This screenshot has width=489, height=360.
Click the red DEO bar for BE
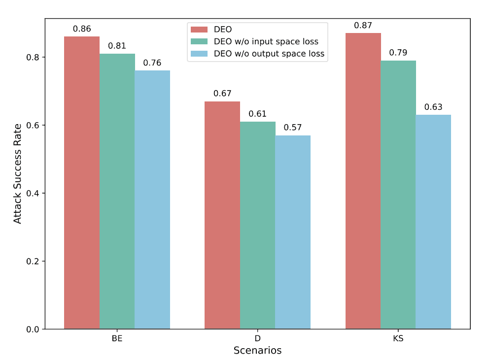click(82, 182)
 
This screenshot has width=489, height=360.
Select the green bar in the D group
click(258, 225)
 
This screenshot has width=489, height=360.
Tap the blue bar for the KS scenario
click(433, 222)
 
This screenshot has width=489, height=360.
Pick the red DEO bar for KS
click(363, 181)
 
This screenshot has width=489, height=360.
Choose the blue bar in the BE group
click(152, 199)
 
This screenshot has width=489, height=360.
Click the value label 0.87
click(363, 26)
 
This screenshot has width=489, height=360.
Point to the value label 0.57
click(293, 128)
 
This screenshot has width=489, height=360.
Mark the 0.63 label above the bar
click(433, 107)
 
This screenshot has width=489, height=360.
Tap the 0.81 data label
click(117, 46)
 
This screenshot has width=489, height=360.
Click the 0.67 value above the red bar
click(222, 94)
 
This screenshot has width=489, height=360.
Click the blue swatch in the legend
click(199, 54)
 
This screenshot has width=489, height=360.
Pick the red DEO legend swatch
click(199, 30)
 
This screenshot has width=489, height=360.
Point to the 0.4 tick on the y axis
click(33, 193)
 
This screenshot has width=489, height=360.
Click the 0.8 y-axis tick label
click(33, 57)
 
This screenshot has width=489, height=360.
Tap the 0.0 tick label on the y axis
click(33, 329)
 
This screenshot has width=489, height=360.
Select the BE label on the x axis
click(117, 339)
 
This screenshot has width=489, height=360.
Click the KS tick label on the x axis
click(398, 339)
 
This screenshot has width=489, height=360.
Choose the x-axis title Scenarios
click(257, 350)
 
